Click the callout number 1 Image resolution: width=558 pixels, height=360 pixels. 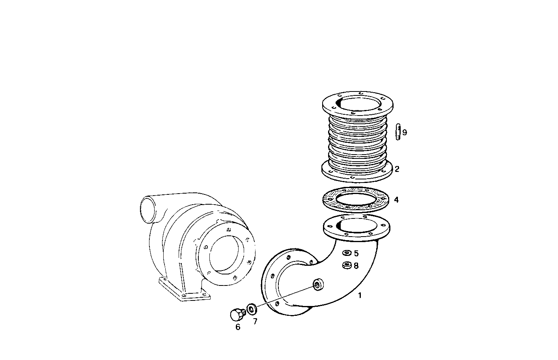click(359, 295)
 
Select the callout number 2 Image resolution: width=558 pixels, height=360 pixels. click(397, 169)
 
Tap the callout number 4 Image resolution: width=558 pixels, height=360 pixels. click(396, 200)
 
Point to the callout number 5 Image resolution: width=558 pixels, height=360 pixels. click(356, 254)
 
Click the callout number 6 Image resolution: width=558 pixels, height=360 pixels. click(238, 327)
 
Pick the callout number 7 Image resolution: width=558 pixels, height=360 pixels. click(255, 322)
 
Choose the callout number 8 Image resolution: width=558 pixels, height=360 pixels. click(356, 266)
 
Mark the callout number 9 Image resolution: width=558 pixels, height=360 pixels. click(404, 132)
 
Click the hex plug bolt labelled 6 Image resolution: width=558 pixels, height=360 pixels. click(236, 314)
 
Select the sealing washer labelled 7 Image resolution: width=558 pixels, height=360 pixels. click(251, 307)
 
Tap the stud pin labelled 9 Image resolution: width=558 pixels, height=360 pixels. click(398, 132)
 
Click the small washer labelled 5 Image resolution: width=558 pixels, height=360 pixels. click(347, 253)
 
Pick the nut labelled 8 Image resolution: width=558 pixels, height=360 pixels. click(347, 265)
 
